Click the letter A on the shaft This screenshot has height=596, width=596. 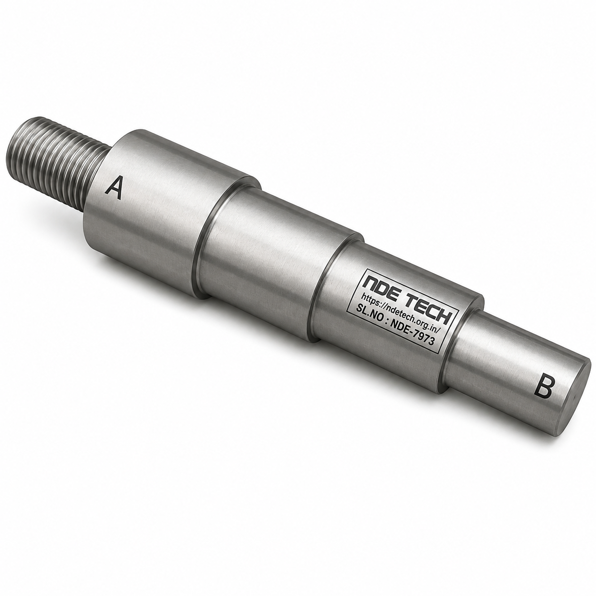[x=113, y=188]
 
